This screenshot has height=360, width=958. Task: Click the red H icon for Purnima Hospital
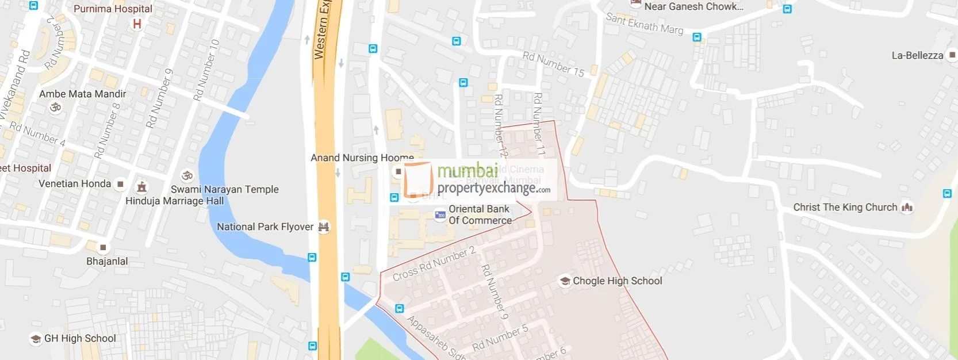(x=137, y=24)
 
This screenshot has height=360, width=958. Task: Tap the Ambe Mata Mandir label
(x=82, y=94)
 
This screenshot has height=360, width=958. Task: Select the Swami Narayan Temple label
(x=224, y=189)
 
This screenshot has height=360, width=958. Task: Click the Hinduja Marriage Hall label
(x=174, y=201)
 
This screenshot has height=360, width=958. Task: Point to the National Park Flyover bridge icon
(x=324, y=227)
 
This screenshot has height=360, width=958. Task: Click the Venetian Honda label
(x=75, y=183)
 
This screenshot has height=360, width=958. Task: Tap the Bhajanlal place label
(x=107, y=261)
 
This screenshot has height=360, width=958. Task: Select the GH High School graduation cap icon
(x=36, y=339)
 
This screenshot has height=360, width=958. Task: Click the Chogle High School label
(x=617, y=281)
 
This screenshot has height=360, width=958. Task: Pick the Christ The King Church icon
(x=907, y=207)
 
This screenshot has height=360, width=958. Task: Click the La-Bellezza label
(x=917, y=55)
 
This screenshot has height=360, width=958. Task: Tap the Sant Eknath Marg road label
(x=645, y=24)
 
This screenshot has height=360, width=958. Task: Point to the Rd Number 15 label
(x=553, y=64)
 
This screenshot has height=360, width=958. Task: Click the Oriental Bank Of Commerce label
(x=480, y=215)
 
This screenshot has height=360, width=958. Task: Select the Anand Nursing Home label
(x=362, y=158)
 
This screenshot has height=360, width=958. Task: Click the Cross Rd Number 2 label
(x=434, y=264)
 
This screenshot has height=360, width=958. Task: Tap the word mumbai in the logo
(x=467, y=171)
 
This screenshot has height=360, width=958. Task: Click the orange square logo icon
(x=417, y=180)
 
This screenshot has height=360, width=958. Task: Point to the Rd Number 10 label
(x=206, y=70)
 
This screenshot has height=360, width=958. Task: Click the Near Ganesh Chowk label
(x=693, y=7)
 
